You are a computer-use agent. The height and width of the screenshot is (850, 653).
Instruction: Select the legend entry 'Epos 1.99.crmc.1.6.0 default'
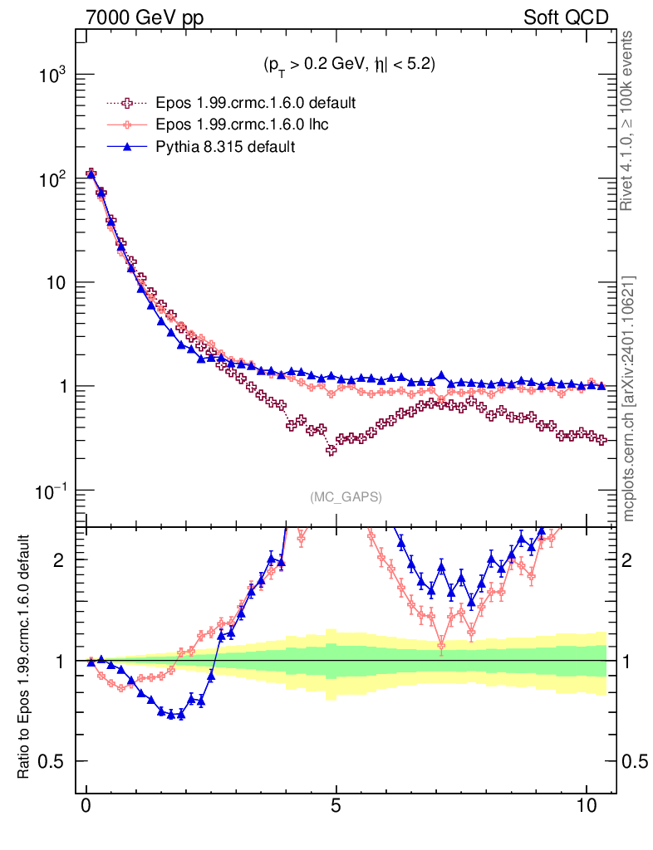[x=256, y=104]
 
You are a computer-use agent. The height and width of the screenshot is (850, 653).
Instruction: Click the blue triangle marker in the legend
[x=127, y=147]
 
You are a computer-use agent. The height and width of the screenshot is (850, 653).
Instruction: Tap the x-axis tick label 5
[x=336, y=806]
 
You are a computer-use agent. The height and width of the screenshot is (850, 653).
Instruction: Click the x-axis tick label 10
[x=586, y=806]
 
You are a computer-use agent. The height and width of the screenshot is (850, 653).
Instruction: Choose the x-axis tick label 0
[x=86, y=806]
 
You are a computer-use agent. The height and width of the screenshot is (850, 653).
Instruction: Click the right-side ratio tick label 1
[x=629, y=661]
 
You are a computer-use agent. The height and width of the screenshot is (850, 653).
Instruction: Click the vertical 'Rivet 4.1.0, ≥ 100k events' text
[x=629, y=121]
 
